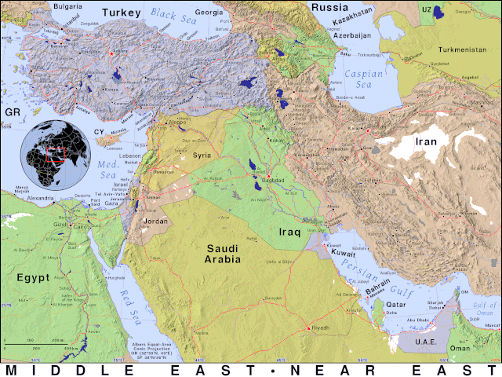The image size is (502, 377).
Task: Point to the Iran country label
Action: [425, 141]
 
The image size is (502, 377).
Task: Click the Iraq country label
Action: [290, 232]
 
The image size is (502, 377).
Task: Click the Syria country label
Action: [202, 156]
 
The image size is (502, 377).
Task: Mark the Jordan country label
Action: [155, 221]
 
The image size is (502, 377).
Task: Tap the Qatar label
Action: [395, 304]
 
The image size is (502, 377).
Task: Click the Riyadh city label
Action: [321, 328]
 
